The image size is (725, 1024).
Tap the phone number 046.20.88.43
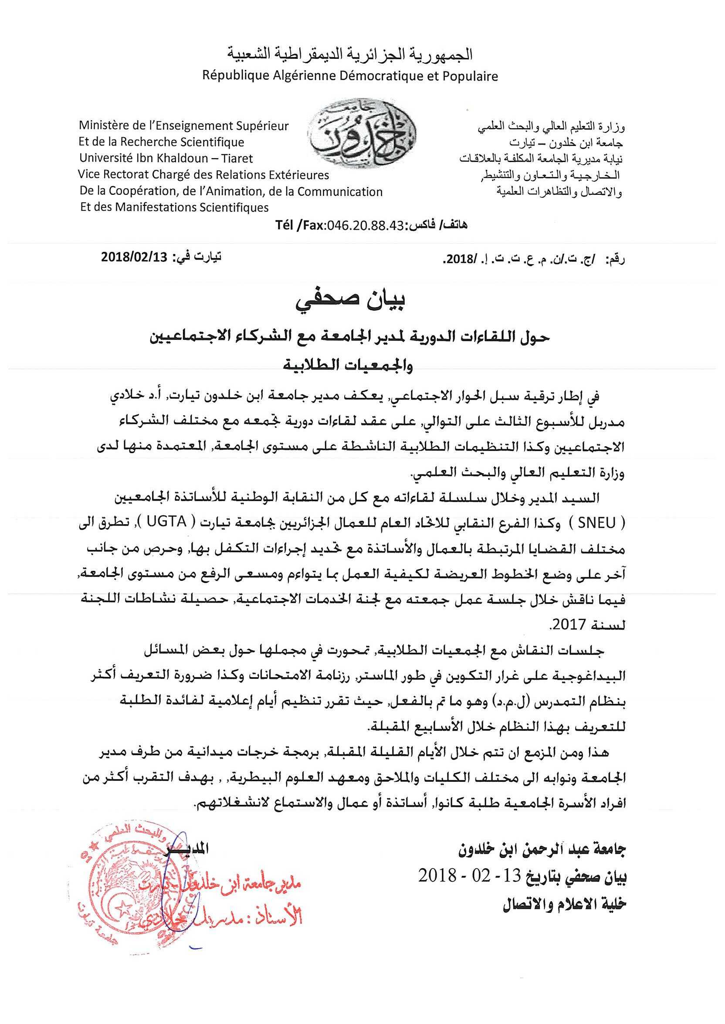click(365, 225)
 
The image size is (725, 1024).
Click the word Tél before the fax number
click(284, 225)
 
